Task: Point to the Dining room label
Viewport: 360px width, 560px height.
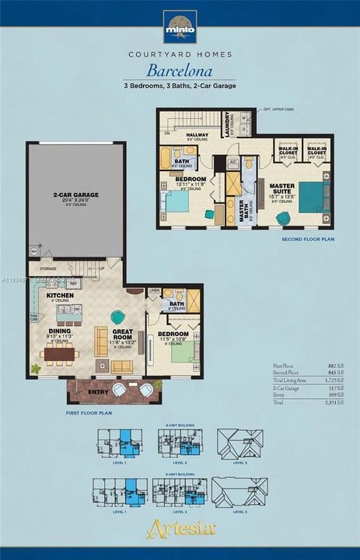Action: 60,331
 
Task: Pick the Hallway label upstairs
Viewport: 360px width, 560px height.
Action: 197,135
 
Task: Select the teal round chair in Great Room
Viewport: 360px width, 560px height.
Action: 117,317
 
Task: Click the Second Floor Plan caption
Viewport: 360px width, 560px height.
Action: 307,240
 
